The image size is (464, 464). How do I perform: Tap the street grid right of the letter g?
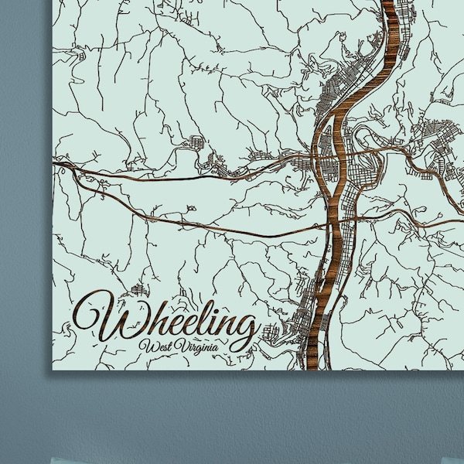click(272, 334)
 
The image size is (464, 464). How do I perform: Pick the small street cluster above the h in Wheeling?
click(139, 290)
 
